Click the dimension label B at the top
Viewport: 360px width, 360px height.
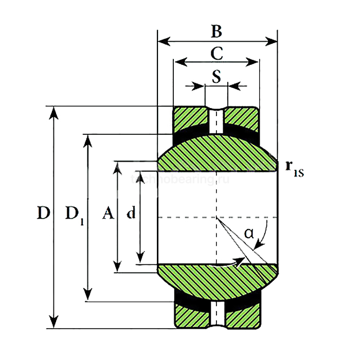217,32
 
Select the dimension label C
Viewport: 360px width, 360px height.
217,53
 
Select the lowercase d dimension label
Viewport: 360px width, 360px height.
131,213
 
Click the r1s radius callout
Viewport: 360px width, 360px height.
295,168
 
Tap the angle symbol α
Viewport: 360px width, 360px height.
249,233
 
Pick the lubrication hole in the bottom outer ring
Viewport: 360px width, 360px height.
217,314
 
